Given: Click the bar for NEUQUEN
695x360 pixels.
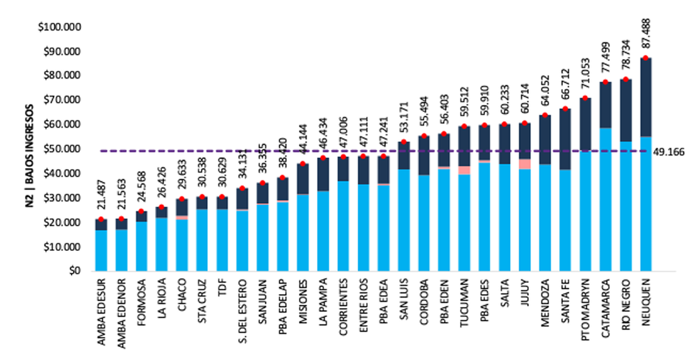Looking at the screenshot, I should tap(646, 167).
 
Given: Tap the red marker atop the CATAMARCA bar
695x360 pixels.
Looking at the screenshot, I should tap(605, 82).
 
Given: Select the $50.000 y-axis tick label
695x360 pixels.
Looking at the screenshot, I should tap(61, 149).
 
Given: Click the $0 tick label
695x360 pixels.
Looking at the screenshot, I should tap(73, 272).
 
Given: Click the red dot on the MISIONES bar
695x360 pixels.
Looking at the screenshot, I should tap(303, 164).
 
